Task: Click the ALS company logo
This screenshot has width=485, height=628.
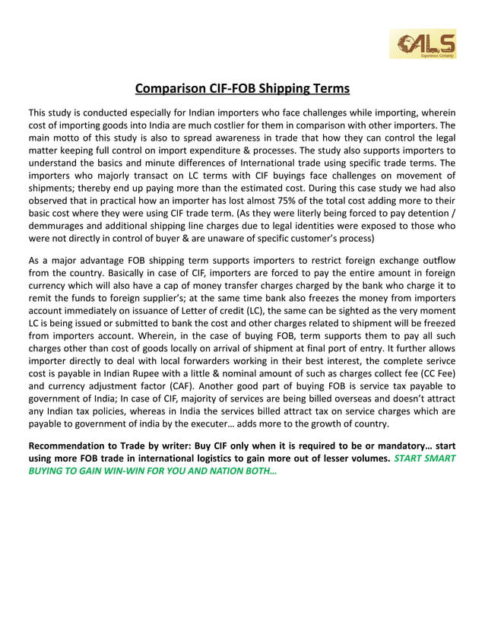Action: pyautogui.click(x=423, y=44)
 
